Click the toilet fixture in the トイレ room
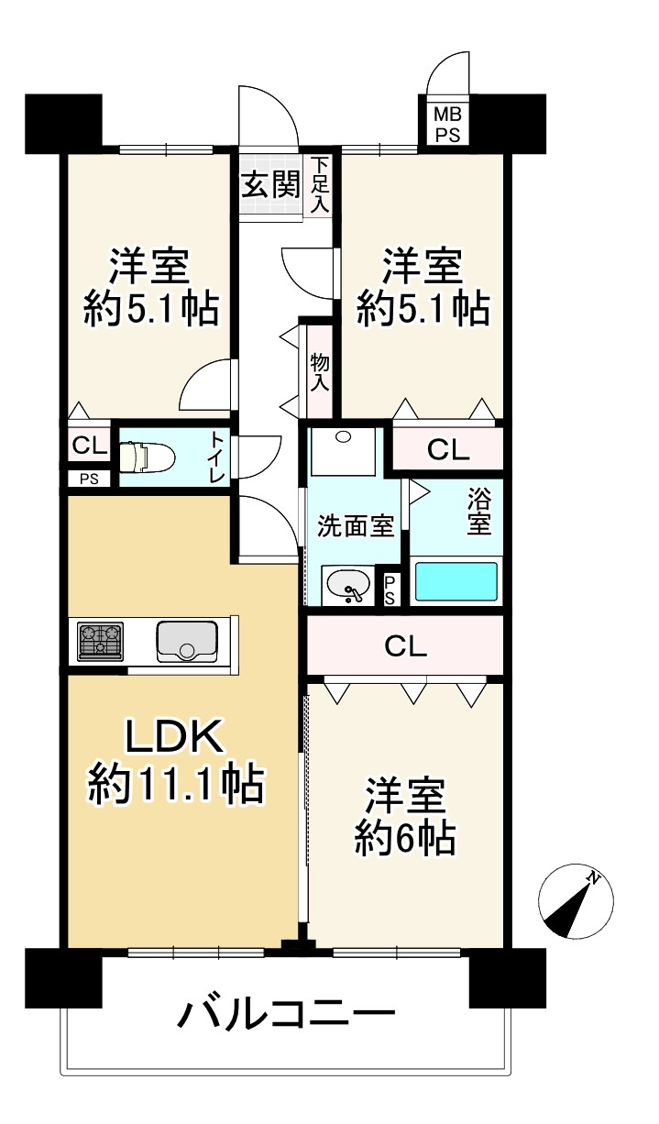pyautogui.click(x=147, y=457)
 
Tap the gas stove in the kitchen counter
pyautogui.click(x=100, y=641)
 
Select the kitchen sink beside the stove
pyautogui.click(x=187, y=641)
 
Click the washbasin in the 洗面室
pyautogui.click(x=348, y=585)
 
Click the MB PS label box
pyautogui.click(x=448, y=126)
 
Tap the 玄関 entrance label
pyautogui.click(x=271, y=184)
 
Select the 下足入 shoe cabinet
pyautogui.click(x=320, y=184)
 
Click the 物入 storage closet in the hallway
pyautogui.click(x=320, y=372)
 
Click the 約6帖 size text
pyautogui.click(x=405, y=839)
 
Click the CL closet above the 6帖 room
pyautogui.click(x=405, y=645)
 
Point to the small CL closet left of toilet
pyautogui.click(x=90, y=445)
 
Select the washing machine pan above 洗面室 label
pyautogui.click(x=344, y=452)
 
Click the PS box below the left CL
pyautogui.click(x=90, y=479)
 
